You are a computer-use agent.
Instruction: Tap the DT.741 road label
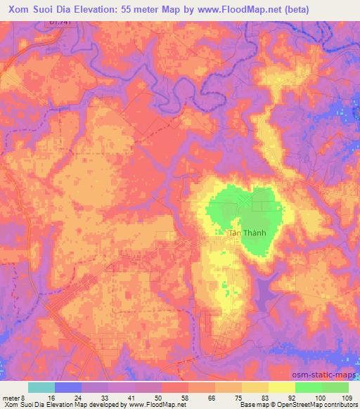60,24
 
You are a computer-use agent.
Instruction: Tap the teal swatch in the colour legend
41,387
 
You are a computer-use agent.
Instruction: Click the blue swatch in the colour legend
67,387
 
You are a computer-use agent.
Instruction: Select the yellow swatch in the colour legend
281,387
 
